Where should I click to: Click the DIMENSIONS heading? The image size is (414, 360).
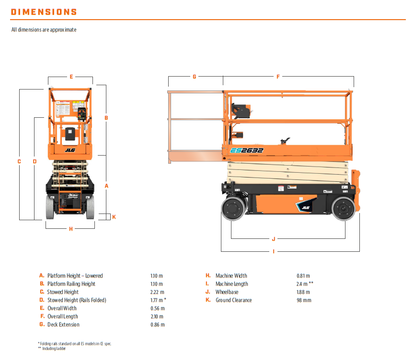(x=44, y=12)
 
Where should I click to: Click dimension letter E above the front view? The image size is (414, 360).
(x=71, y=77)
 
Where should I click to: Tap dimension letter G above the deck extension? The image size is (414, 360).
(x=195, y=77)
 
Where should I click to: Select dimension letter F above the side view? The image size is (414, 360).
(x=278, y=77)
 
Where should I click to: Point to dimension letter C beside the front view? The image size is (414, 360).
(x=19, y=161)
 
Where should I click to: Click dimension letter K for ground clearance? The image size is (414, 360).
(x=114, y=217)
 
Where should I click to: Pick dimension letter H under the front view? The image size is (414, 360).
(x=71, y=229)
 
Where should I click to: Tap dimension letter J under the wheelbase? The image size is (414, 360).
(x=274, y=238)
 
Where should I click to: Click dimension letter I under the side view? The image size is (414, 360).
(x=274, y=251)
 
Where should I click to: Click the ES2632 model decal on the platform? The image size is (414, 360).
(x=247, y=150)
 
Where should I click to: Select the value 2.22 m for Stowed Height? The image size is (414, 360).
(x=157, y=292)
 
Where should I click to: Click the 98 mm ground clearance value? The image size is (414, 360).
(x=304, y=300)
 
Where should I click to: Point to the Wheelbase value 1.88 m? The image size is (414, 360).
(x=304, y=292)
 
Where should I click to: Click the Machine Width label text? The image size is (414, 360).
(x=231, y=276)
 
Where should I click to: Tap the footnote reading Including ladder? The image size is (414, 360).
(x=53, y=348)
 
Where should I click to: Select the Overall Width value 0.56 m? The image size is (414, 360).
(x=157, y=308)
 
